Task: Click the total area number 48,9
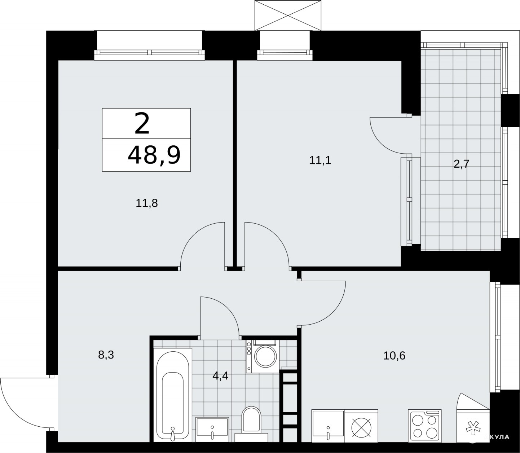pos(154,155)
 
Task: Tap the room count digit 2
pos(142,124)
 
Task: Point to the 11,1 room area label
pos(320,160)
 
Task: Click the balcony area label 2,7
pos(461,164)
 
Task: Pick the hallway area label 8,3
pos(106,355)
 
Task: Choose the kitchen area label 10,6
pos(394,356)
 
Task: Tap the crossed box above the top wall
pos(288,15)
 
